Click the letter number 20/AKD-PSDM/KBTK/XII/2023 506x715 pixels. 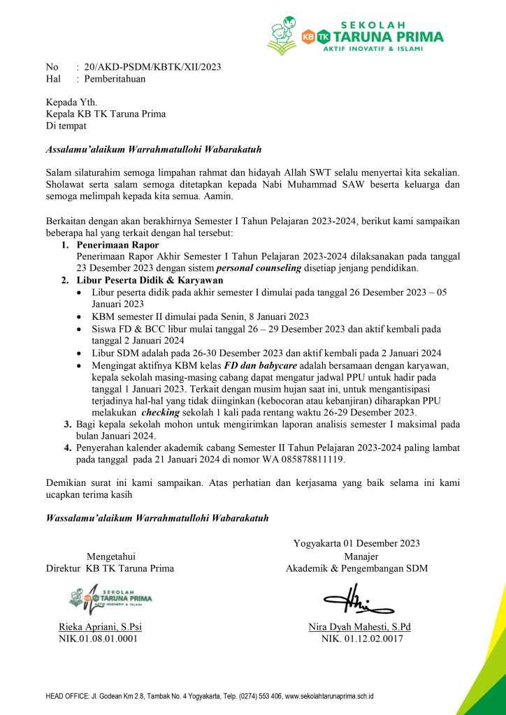click(152, 67)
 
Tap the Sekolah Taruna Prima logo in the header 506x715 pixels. click(355, 35)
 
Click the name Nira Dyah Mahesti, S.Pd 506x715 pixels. click(359, 626)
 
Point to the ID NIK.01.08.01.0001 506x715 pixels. click(98, 637)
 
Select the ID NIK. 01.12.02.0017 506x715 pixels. click(361, 637)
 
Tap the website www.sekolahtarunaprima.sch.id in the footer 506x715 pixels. click(329, 696)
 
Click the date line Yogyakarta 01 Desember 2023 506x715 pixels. click(356, 543)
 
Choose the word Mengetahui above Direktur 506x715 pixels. click(110, 556)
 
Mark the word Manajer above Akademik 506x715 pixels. click(361, 556)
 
